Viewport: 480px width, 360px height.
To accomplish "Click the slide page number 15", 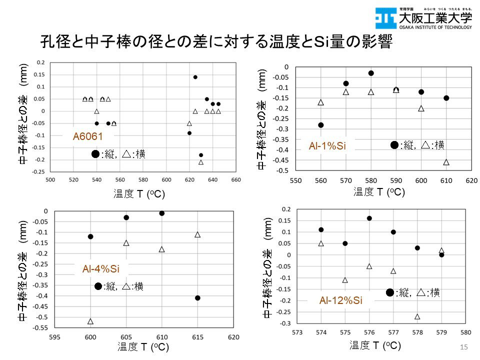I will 462,347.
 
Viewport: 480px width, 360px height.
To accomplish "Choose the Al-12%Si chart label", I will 340,300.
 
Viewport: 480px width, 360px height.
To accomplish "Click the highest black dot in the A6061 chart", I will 195,77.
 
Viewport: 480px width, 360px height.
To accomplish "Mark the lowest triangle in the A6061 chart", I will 201,162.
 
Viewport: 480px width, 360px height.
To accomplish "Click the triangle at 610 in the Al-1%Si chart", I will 446,162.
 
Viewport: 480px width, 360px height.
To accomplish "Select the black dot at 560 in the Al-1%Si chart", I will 320,125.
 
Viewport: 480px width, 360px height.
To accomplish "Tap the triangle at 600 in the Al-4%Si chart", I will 90,321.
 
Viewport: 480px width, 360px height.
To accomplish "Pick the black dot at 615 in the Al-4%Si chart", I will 197,297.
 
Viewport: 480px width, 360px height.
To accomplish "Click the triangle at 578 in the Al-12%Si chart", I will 417,316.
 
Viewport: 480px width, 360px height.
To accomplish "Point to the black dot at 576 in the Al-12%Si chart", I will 369,218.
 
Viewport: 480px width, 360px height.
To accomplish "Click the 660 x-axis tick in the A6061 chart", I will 236,180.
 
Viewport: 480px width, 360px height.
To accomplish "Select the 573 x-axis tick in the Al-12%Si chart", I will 297,332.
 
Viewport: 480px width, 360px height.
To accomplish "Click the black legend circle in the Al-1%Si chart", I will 394,145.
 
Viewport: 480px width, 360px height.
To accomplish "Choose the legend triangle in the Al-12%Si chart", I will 422,292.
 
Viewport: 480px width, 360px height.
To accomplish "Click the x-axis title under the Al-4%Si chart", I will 143,346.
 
